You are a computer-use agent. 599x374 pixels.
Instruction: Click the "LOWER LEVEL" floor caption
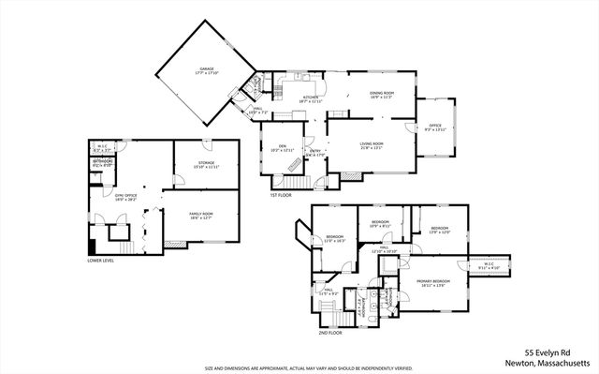tap(101, 261)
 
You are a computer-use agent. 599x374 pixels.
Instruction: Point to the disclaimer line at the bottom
tap(299, 368)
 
